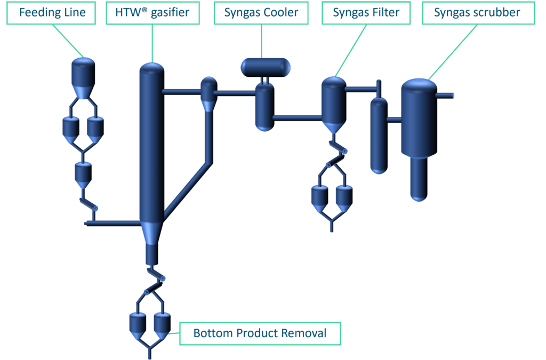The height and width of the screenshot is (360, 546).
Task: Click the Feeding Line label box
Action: [x=52, y=12]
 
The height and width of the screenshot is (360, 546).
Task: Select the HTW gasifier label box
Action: [x=152, y=12]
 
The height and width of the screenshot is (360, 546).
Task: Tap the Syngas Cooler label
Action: [x=261, y=12]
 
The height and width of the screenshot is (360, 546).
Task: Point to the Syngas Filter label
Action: [x=366, y=12]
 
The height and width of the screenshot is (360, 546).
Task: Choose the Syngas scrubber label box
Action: [x=477, y=12]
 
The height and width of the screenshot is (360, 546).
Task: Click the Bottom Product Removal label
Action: [x=260, y=334]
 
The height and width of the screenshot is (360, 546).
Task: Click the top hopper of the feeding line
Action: [x=83, y=75]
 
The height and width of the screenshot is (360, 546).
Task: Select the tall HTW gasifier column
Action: [x=151, y=144]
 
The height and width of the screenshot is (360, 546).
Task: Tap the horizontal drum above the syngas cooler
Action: [x=265, y=67]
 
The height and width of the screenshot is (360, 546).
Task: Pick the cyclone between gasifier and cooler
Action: [x=208, y=93]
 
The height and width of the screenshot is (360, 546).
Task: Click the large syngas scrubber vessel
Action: [x=419, y=117]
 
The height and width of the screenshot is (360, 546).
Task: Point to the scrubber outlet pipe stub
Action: [x=446, y=95]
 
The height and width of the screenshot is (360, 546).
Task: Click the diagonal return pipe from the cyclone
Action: [x=187, y=189]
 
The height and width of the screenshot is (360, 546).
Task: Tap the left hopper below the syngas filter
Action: [x=320, y=196]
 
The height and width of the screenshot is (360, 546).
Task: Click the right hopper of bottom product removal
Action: [x=162, y=323]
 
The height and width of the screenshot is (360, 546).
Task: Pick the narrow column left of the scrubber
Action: [x=379, y=136]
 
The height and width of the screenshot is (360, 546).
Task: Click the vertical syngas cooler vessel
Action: [x=264, y=107]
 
